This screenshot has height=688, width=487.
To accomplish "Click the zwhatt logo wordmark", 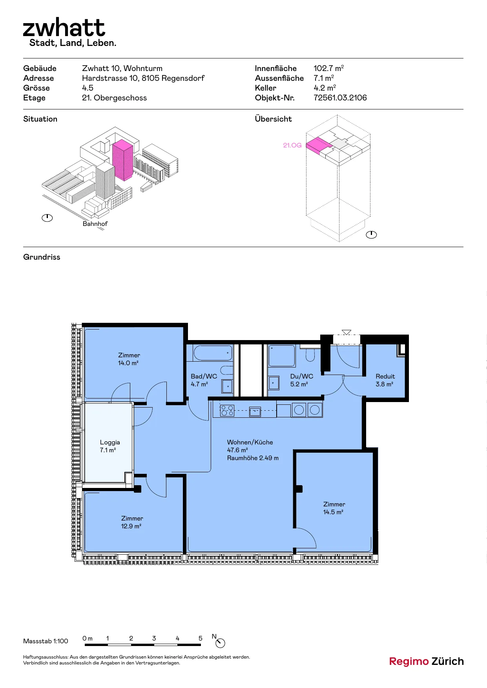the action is (x=64, y=27).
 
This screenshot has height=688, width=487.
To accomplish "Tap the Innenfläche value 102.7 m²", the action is (x=329, y=68).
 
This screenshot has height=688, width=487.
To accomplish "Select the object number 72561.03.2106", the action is (x=340, y=98).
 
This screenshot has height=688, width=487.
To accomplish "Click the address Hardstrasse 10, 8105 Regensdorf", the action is (x=143, y=78).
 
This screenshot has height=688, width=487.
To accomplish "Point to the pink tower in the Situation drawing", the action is (x=123, y=160).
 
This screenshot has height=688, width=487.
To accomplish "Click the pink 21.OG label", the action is (x=292, y=145).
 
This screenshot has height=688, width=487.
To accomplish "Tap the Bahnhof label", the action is (x=95, y=224).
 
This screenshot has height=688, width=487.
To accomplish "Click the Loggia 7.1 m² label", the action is (x=109, y=446).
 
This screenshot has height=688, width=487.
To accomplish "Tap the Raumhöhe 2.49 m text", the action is (x=253, y=458).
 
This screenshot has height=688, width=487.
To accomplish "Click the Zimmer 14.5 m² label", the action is (x=334, y=508).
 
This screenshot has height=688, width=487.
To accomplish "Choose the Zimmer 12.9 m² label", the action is (x=132, y=522).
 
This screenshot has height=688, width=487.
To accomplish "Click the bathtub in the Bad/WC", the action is (x=212, y=353).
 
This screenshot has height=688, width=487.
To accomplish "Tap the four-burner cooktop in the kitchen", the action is (x=227, y=410).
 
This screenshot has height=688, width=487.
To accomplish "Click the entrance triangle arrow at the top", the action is (x=346, y=332).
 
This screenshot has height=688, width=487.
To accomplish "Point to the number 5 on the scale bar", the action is (x=200, y=638).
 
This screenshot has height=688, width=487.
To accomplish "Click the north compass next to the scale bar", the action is (x=220, y=643).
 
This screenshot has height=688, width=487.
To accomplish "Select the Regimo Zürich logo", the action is (x=426, y=661).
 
